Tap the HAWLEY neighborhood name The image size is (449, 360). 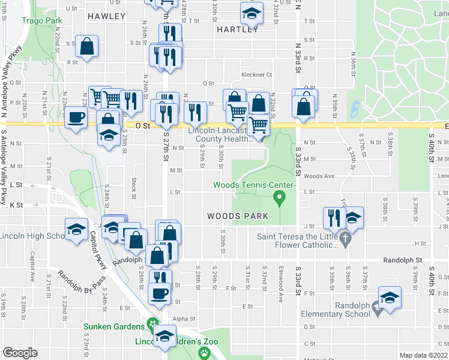pos(106,16)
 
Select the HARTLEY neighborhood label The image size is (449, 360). pos(237,29)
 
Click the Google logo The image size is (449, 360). pos(20,353)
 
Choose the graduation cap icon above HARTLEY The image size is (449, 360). pos(252,13)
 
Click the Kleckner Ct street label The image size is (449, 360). pos(256,75)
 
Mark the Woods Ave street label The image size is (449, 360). pos(319,176)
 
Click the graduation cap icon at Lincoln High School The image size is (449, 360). pos(76,229)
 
